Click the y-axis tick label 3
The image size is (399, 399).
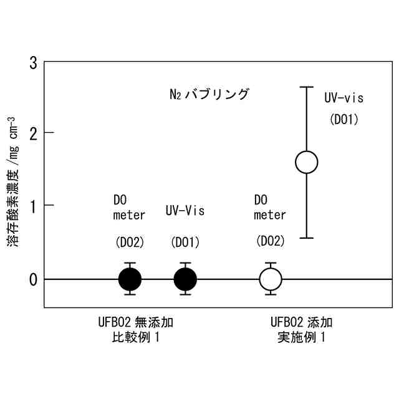click(32, 62)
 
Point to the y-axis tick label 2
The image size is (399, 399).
click(32, 133)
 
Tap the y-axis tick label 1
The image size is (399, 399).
click(32, 206)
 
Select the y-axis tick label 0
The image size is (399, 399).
click(32, 279)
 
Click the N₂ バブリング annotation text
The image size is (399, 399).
click(209, 95)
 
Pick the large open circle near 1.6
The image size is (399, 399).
click(306, 162)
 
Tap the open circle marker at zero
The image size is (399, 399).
click(271, 279)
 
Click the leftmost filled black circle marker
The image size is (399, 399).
click(130, 279)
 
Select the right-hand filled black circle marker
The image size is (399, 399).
click(185, 279)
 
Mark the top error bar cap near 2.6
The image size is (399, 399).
click(306, 87)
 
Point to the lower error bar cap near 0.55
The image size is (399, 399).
click(306, 238)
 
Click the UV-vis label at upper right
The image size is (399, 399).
click(344, 98)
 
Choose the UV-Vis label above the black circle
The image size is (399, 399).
click(185, 211)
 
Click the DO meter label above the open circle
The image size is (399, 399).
click(270, 208)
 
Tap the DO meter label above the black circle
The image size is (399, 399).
click(129, 208)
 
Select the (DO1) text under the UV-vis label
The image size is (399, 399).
click(344, 119)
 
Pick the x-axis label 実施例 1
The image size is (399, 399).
click(301, 339)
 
